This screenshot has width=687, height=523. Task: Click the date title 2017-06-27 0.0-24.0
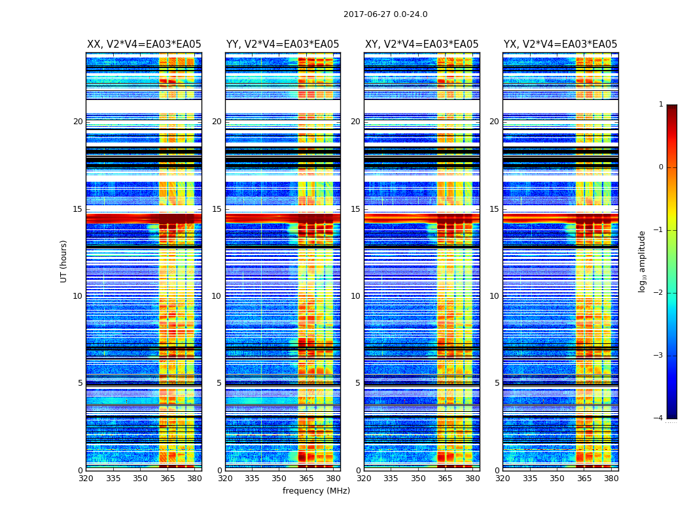pyautogui.click(x=385, y=14)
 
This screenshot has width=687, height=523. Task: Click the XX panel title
pyautogui.click(x=144, y=44)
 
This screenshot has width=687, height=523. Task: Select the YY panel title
pyautogui.click(x=283, y=44)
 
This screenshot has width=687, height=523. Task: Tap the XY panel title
pyautogui.click(x=421, y=44)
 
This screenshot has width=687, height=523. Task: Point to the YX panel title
pyautogui.click(x=560, y=44)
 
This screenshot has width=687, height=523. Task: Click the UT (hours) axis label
pyautogui.click(x=64, y=261)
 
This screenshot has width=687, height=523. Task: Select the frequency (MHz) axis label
pyautogui.click(x=316, y=491)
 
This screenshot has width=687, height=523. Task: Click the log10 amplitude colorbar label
pyautogui.click(x=643, y=261)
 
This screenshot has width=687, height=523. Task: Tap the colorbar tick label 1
pyautogui.click(x=661, y=105)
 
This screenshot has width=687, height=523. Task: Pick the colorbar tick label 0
pyautogui.click(x=661, y=167)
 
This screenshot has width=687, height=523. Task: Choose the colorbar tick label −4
pyautogui.click(x=659, y=418)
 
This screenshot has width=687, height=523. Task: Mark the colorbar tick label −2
pyautogui.click(x=659, y=293)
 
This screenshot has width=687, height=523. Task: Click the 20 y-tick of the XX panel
pyautogui.click(x=78, y=122)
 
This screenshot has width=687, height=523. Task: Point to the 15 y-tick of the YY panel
pyautogui.click(x=217, y=209)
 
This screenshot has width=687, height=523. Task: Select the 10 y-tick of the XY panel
pyautogui.click(x=355, y=296)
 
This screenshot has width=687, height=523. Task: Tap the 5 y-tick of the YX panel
pyautogui.click(x=497, y=383)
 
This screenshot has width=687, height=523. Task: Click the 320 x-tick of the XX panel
pyautogui.click(x=86, y=478)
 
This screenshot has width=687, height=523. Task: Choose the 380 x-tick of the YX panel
pyautogui.click(x=611, y=478)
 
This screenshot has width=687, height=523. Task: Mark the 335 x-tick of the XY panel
pyautogui.click(x=391, y=478)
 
